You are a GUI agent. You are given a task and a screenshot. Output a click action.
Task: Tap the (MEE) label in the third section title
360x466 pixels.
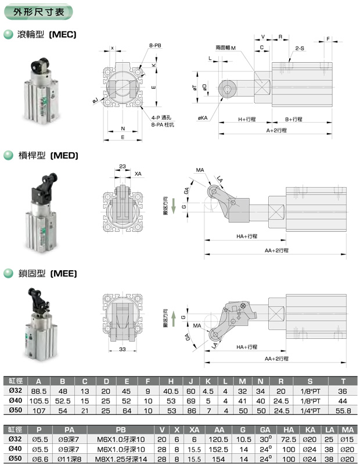(63, 273)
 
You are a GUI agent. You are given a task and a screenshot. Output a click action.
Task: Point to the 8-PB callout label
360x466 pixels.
(155, 45)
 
